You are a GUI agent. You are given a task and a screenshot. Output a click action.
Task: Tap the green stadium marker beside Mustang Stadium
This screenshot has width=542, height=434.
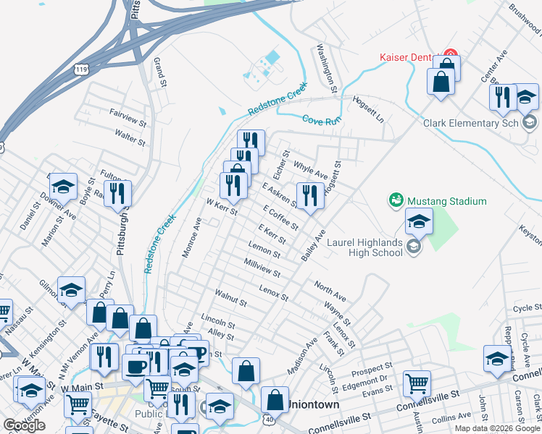396,199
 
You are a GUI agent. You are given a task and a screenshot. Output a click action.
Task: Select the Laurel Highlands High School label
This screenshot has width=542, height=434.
364,247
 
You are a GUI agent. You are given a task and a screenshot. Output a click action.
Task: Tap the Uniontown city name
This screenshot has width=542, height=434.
313,405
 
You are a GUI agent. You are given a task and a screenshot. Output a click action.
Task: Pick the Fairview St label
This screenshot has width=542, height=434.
128,113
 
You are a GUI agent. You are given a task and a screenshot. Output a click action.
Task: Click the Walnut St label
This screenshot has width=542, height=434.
232,297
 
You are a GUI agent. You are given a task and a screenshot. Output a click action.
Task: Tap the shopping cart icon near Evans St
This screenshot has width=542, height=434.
417,382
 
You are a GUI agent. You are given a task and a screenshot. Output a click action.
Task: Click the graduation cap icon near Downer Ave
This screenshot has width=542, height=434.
63,186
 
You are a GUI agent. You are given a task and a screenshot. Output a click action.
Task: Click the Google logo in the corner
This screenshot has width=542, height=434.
24,425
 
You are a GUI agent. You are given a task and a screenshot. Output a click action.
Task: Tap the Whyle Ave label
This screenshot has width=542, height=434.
310,171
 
